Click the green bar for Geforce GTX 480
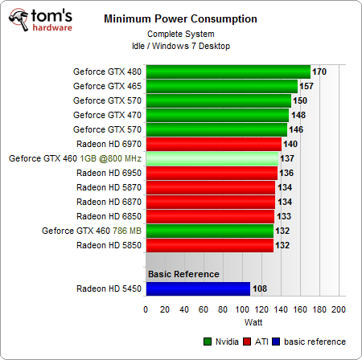point(228,72)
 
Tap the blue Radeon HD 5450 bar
point(197,288)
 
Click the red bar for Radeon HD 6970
point(213,144)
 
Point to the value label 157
point(306,86)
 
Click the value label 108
point(260,288)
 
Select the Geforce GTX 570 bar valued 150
point(218,100)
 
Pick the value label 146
point(296,129)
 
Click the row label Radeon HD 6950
point(108,173)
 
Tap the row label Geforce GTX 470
point(105,115)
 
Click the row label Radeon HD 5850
point(108,245)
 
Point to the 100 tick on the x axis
point(242,309)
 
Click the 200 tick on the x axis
point(338,309)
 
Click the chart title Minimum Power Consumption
point(181,18)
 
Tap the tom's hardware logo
point(39,19)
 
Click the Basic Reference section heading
point(183,274)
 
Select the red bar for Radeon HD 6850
point(210,216)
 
